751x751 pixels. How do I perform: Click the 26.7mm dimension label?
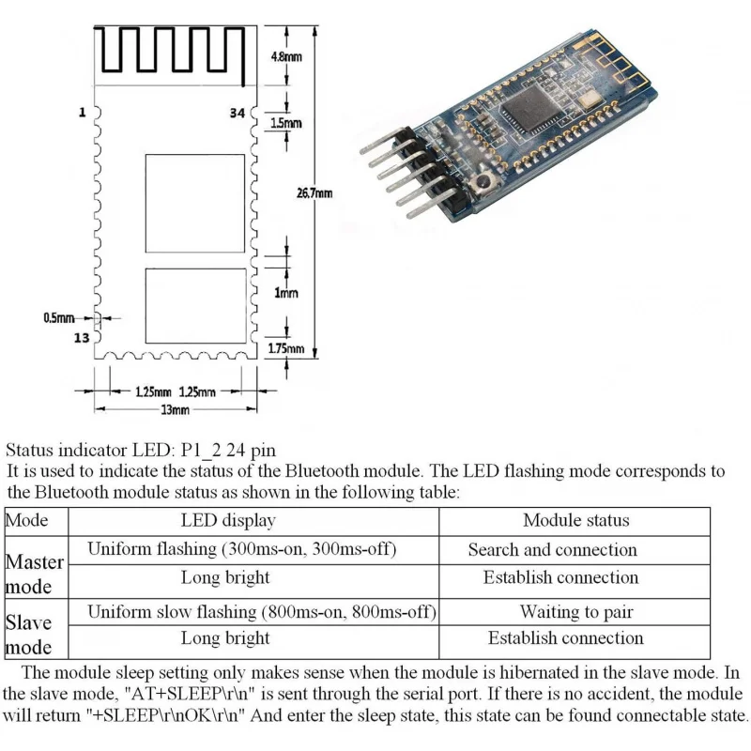pos(314,193)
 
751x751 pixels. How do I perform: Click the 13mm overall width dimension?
pos(176,410)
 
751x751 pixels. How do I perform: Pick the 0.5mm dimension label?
pos(57,318)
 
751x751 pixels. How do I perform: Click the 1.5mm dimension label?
pos(287,123)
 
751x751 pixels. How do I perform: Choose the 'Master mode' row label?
pos(35,574)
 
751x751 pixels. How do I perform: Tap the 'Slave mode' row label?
pos(29,635)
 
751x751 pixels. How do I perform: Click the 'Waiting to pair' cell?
pos(575,612)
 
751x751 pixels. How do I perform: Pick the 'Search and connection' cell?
pos(552,550)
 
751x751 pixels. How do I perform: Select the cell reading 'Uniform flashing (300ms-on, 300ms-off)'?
pos(241,549)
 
